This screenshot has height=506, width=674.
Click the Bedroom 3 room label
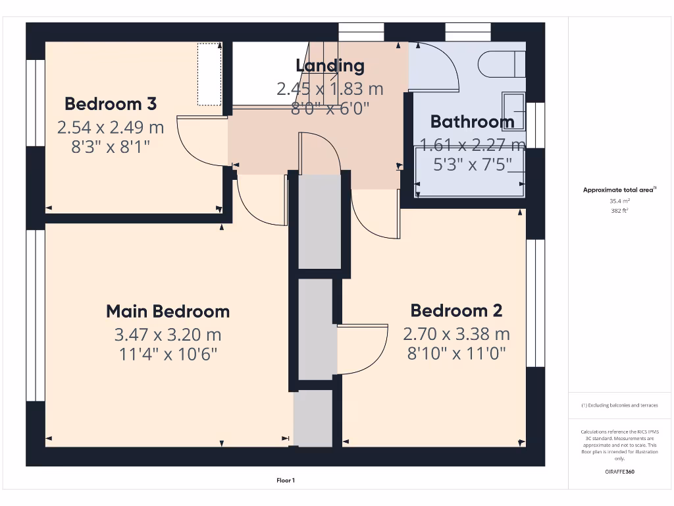[111, 103]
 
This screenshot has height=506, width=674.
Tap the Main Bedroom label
[168, 311]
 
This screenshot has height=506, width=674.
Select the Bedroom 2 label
[456, 310]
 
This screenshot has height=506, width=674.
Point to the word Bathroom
[472, 121]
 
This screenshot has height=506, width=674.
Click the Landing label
[330, 65]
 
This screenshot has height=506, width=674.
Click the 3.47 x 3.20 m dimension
[168, 334]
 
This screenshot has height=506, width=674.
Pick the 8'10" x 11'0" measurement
[456, 354]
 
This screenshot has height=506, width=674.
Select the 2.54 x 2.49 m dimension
[111, 126]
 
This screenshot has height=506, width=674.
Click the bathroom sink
[514, 111]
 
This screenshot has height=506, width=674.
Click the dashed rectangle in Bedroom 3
[209, 74]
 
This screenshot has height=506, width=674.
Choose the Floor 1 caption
[285, 481]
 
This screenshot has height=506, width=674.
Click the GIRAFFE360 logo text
[619, 472]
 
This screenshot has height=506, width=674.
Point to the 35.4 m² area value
[619, 201]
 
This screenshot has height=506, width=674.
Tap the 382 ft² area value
[619, 211]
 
